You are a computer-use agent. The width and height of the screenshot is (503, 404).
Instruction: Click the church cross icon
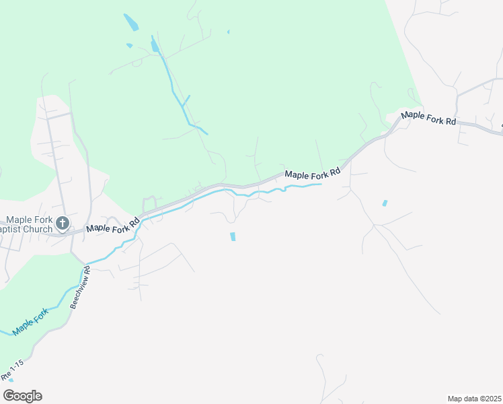[63, 223]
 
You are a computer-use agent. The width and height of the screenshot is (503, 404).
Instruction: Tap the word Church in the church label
[38, 230]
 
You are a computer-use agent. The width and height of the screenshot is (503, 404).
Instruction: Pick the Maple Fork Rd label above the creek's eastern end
[313, 174]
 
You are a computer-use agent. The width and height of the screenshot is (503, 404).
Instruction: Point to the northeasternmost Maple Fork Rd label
[428, 119]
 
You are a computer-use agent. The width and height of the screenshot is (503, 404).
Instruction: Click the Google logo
[22, 396]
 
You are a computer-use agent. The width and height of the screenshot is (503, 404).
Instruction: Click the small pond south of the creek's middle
[233, 236]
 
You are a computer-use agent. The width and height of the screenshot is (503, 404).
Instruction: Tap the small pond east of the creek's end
[385, 203]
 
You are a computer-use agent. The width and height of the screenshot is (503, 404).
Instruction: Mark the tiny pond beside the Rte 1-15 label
[11, 380]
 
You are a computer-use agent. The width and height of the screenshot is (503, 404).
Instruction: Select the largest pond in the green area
[131, 22]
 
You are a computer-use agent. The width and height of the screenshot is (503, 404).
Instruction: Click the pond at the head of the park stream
[155, 45]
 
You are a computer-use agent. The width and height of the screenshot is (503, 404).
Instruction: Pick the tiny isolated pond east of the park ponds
[229, 32]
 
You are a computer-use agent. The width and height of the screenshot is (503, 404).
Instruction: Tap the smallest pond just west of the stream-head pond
[129, 46]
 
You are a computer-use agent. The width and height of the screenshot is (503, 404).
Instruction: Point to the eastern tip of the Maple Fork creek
[321, 184]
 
